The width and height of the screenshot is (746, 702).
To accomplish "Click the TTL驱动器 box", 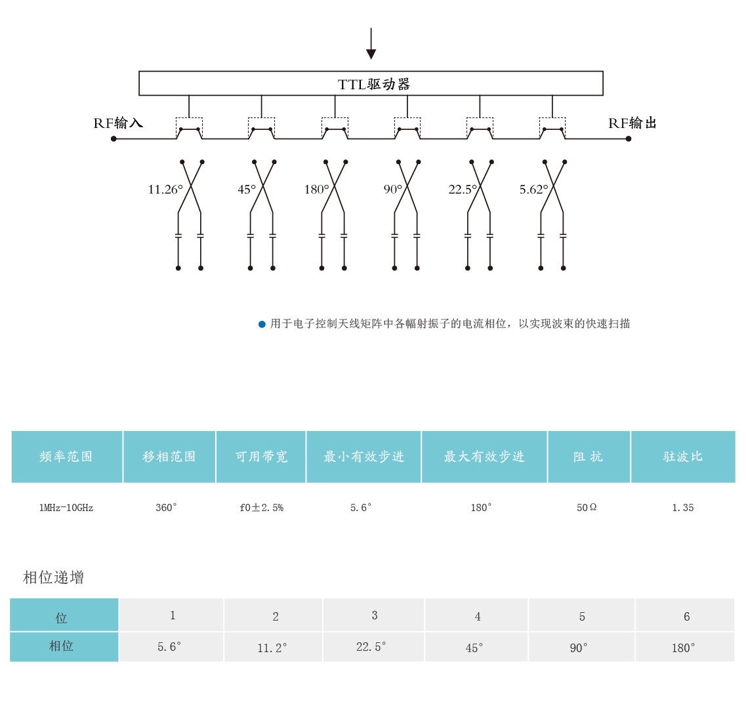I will pyautogui.click(x=371, y=83).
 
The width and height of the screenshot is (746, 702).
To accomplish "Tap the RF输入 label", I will pyautogui.click(x=118, y=123).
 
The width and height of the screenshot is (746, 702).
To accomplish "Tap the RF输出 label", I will pyautogui.click(x=632, y=123).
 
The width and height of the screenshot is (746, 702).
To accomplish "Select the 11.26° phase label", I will pyautogui.click(x=165, y=190).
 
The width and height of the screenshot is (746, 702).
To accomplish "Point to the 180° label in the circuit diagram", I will pyautogui.click(x=316, y=190).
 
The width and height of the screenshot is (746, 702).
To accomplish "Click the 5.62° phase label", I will pyautogui.click(x=533, y=190).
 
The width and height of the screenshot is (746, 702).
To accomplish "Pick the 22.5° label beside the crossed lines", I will pyautogui.click(x=463, y=190).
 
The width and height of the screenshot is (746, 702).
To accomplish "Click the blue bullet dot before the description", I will pyautogui.click(x=262, y=324).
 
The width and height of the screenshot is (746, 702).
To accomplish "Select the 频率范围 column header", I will pyautogui.click(x=66, y=457).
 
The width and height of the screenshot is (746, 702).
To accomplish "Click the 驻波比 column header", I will pyautogui.click(x=683, y=457).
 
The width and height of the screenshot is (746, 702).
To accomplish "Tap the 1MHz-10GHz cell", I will pyautogui.click(x=66, y=508).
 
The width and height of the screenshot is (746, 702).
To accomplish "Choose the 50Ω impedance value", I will pyautogui.click(x=587, y=508).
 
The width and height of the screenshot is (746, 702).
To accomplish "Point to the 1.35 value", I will pyautogui.click(x=683, y=508).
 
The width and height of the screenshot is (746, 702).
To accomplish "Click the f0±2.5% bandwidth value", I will pyautogui.click(x=261, y=508).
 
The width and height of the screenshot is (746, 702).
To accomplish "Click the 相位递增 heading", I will pyautogui.click(x=54, y=577).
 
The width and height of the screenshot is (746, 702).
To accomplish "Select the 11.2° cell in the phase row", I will pyautogui.click(x=272, y=648).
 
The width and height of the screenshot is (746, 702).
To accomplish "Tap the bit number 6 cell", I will pyautogui.click(x=686, y=616).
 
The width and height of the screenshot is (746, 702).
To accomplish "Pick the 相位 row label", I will pyautogui.click(x=62, y=646).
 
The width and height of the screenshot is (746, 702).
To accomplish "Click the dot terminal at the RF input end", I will pyautogui.click(x=114, y=138).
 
